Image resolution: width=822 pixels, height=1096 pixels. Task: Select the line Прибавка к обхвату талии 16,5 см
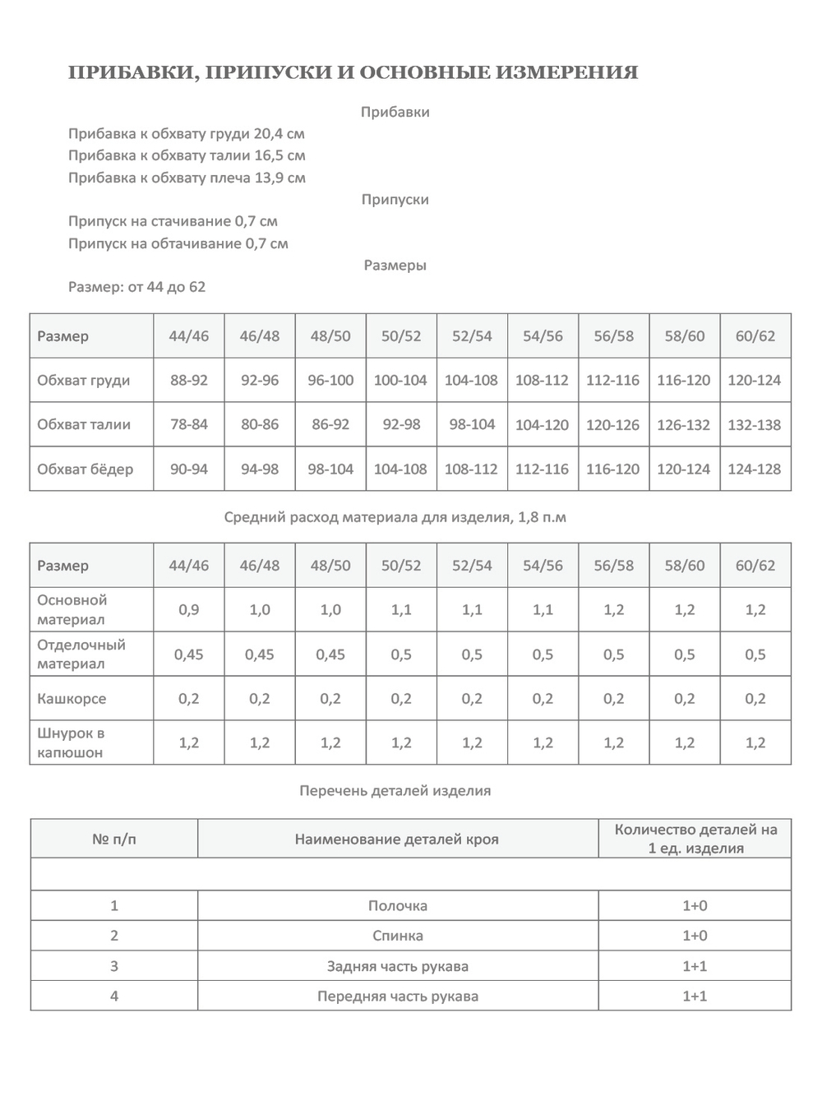(187, 155)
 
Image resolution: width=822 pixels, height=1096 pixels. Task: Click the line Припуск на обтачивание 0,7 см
(178, 243)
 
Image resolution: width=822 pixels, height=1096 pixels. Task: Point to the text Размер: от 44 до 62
(137, 287)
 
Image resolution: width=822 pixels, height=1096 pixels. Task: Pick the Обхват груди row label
(84, 380)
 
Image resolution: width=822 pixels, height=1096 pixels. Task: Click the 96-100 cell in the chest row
(330, 380)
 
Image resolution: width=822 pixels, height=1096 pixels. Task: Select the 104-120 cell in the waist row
(543, 424)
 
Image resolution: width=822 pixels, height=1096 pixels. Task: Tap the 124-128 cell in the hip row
(755, 469)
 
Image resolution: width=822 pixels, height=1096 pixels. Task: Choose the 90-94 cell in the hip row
(189, 469)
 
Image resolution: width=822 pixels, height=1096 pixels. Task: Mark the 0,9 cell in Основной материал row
(189, 609)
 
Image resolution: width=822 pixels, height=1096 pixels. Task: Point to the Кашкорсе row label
(72, 698)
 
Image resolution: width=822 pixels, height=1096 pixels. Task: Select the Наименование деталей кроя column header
(397, 839)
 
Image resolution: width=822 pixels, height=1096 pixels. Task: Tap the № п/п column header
(114, 839)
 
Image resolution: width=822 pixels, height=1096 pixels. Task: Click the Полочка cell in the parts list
(397, 905)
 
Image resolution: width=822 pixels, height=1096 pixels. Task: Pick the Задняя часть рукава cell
(397, 966)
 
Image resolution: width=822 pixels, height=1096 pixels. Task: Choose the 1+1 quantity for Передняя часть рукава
(695, 996)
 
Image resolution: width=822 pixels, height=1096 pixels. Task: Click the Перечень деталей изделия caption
(395, 790)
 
